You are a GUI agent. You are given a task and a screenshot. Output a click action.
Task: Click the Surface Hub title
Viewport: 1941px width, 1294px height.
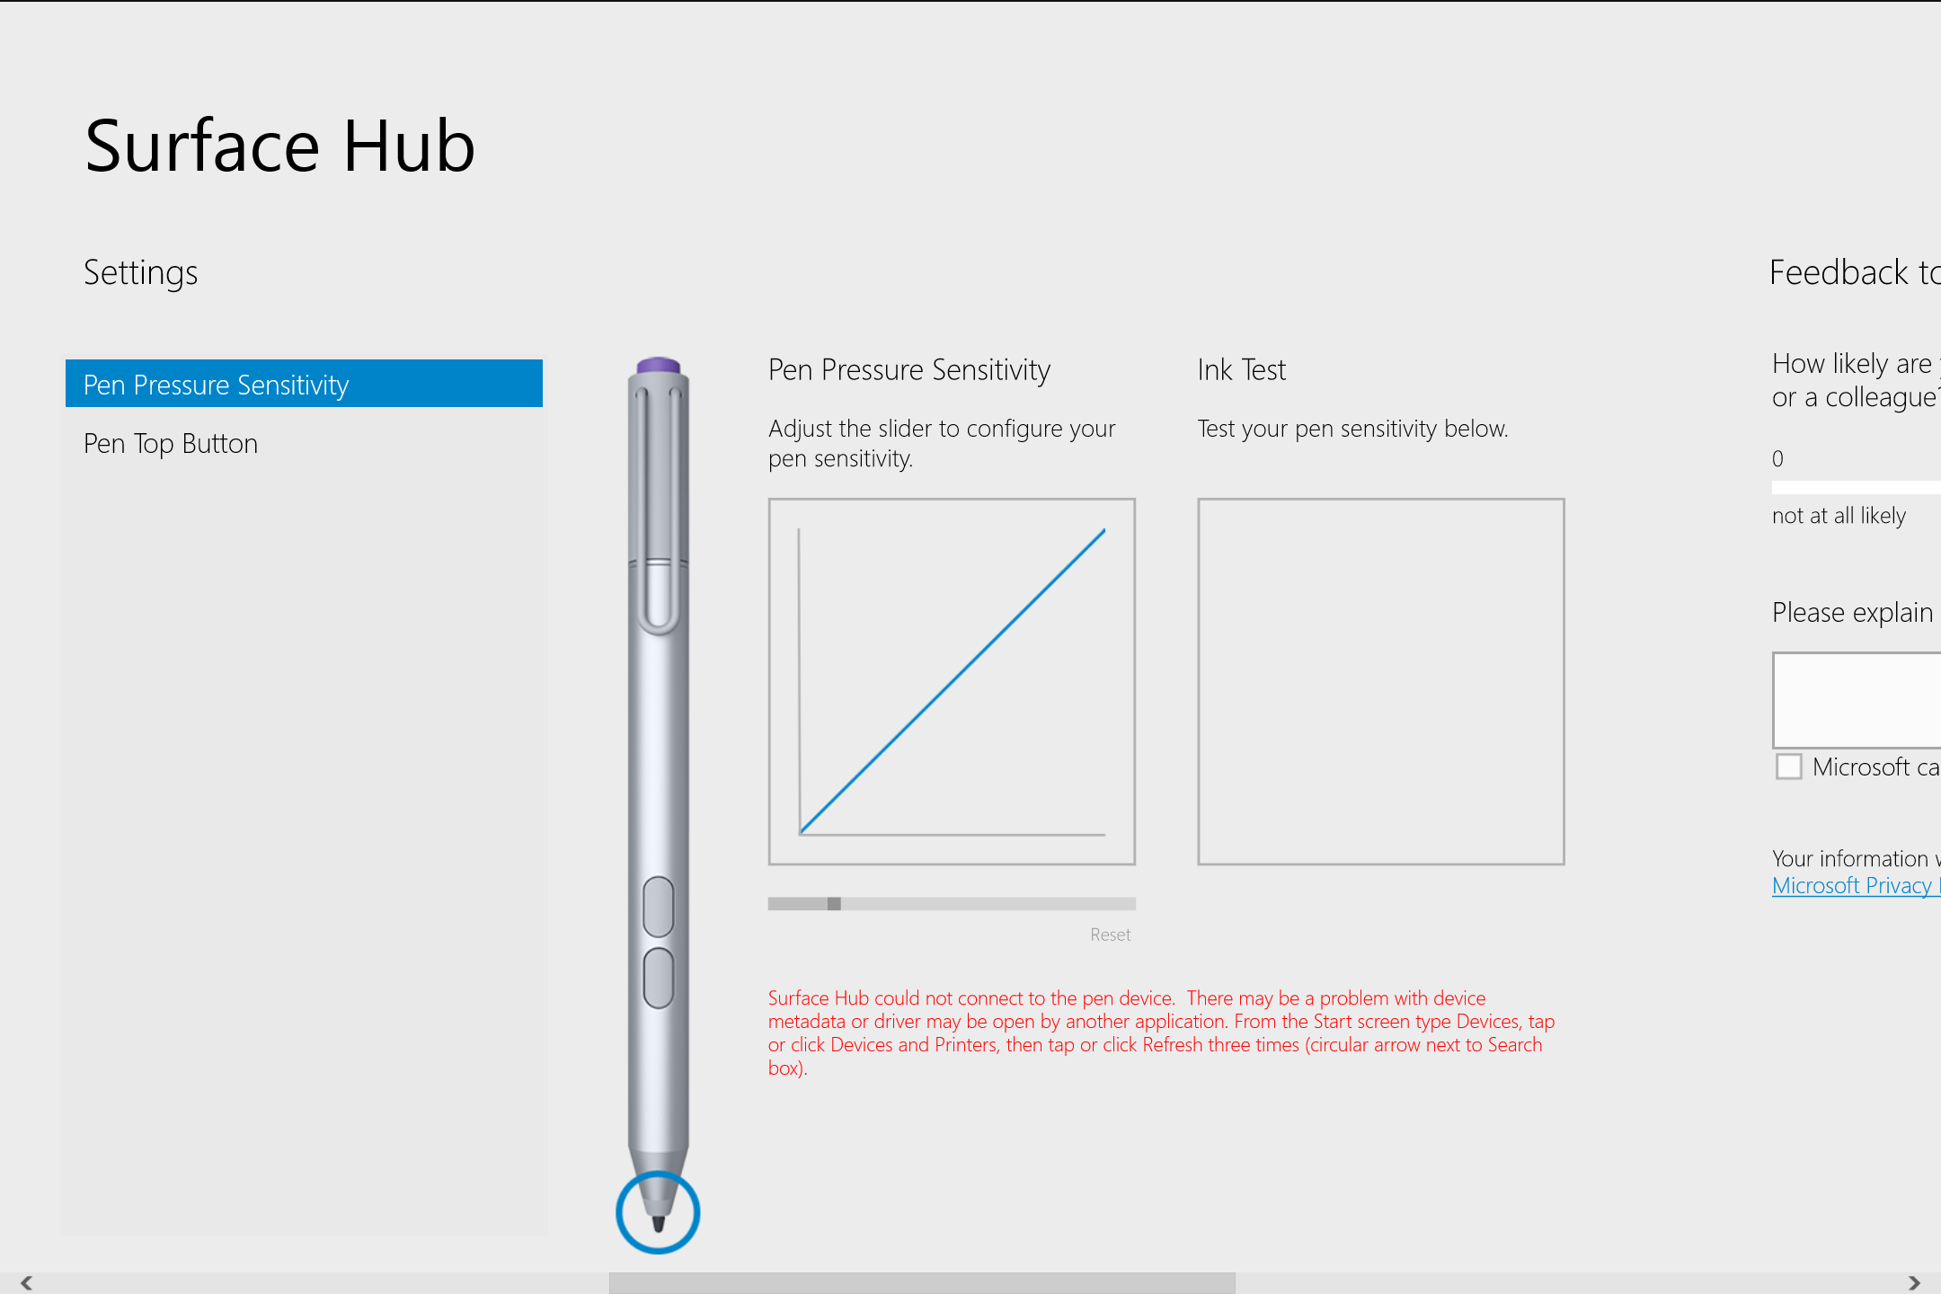click(x=279, y=146)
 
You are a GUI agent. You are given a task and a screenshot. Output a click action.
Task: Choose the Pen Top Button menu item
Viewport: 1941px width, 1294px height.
click(x=171, y=444)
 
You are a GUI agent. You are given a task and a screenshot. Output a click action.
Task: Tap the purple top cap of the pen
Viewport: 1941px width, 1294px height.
click(x=658, y=365)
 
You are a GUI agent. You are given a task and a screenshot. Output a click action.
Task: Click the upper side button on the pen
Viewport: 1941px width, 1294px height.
click(x=659, y=906)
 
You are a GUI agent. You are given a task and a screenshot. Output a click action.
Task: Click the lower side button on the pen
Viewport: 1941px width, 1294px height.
click(x=659, y=978)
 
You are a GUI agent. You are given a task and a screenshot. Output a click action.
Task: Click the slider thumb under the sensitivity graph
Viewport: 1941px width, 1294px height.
click(x=834, y=904)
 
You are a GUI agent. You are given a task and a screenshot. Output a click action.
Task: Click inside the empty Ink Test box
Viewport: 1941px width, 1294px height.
click(x=1380, y=681)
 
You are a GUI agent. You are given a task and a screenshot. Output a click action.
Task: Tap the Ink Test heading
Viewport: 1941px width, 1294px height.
click(x=1241, y=370)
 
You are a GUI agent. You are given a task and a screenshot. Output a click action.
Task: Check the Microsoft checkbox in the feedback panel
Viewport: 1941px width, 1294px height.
click(x=1788, y=767)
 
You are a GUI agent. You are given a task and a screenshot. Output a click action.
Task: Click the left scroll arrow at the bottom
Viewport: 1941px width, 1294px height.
click(x=26, y=1282)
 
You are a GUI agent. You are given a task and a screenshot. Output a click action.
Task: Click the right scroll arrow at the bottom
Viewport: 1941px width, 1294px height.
click(x=1914, y=1282)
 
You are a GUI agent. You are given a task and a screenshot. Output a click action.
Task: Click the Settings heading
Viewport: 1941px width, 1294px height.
click(x=141, y=272)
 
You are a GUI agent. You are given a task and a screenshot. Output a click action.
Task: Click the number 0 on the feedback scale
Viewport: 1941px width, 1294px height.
click(x=1777, y=459)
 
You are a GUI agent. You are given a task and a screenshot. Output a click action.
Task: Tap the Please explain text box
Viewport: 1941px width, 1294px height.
click(x=1857, y=700)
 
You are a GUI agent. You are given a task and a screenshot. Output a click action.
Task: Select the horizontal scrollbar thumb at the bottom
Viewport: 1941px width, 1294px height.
click(x=921, y=1282)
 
